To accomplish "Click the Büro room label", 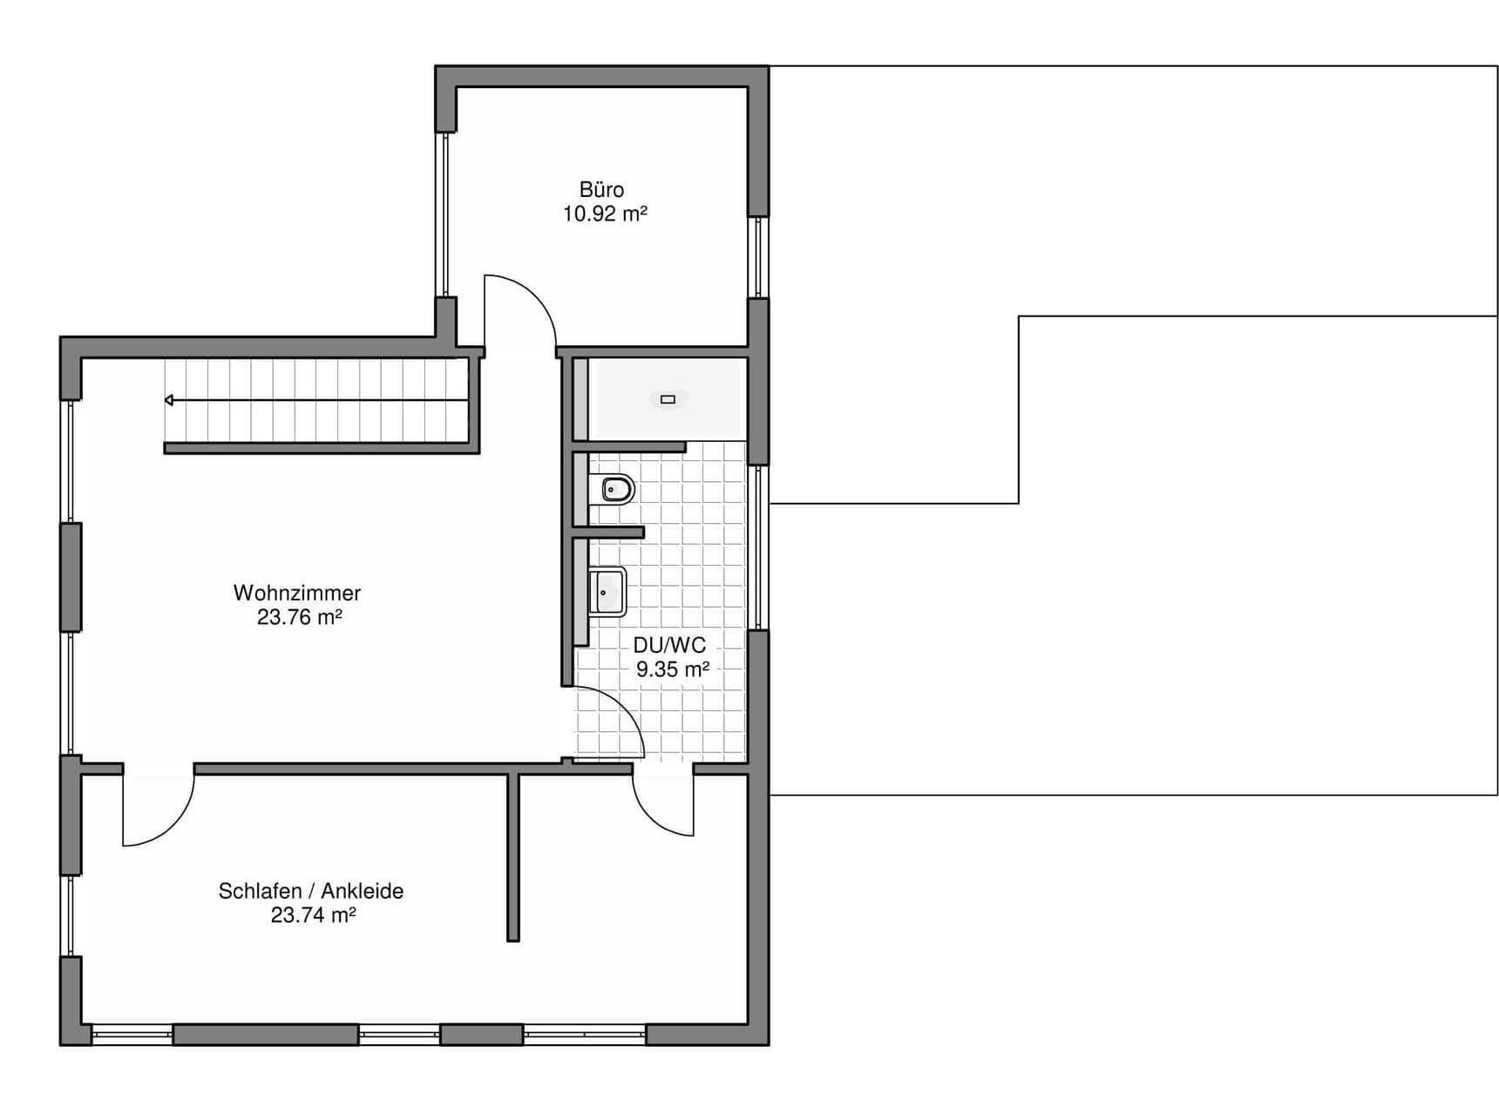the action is [601, 189].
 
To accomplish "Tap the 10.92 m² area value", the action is [605, 214].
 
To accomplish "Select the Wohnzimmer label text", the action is [297, 593].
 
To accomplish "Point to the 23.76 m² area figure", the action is [299, 617].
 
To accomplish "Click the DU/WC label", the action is [669, 645].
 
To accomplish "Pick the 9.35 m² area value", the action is [673, 669].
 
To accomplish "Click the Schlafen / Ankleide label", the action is [311, 891].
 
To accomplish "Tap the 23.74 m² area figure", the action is [313, 915].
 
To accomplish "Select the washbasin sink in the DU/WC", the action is [607, 592].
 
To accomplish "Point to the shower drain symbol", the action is [668, 399].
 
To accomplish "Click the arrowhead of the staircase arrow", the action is [169, 400].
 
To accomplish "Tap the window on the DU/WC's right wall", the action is [758, 546].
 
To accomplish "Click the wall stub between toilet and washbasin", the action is [608, 532].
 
